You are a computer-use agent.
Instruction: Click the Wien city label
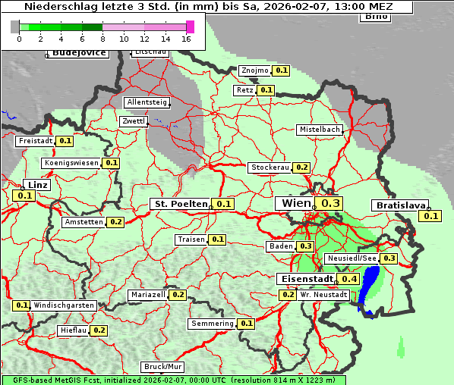[296, 203]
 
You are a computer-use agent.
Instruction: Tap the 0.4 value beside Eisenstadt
[349, 279]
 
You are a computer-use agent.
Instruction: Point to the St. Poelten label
[181, 204]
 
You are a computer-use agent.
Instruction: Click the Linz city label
[36, 185]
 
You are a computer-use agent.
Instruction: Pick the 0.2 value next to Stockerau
[301, 167]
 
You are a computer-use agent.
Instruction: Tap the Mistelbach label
[319, 130]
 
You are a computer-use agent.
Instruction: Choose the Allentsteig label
[147, 102]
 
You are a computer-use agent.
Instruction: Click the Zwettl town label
[134, 121]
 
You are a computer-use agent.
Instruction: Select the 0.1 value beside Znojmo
[281, 70]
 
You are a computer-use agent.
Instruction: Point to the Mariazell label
[147, 294]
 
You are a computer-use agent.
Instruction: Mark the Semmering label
[213, 324]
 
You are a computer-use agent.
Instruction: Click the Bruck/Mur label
[162, 367]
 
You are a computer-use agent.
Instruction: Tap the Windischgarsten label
[64, 305]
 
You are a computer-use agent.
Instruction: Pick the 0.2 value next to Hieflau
[99, 330]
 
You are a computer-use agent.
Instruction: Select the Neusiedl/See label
[351, 258]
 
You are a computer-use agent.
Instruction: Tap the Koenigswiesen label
[71, 163]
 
